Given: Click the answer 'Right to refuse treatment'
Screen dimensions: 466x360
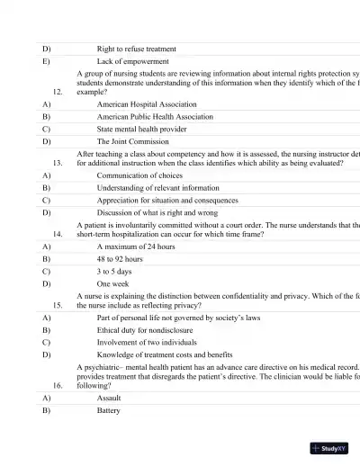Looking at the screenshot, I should click(x=136, y=49).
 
